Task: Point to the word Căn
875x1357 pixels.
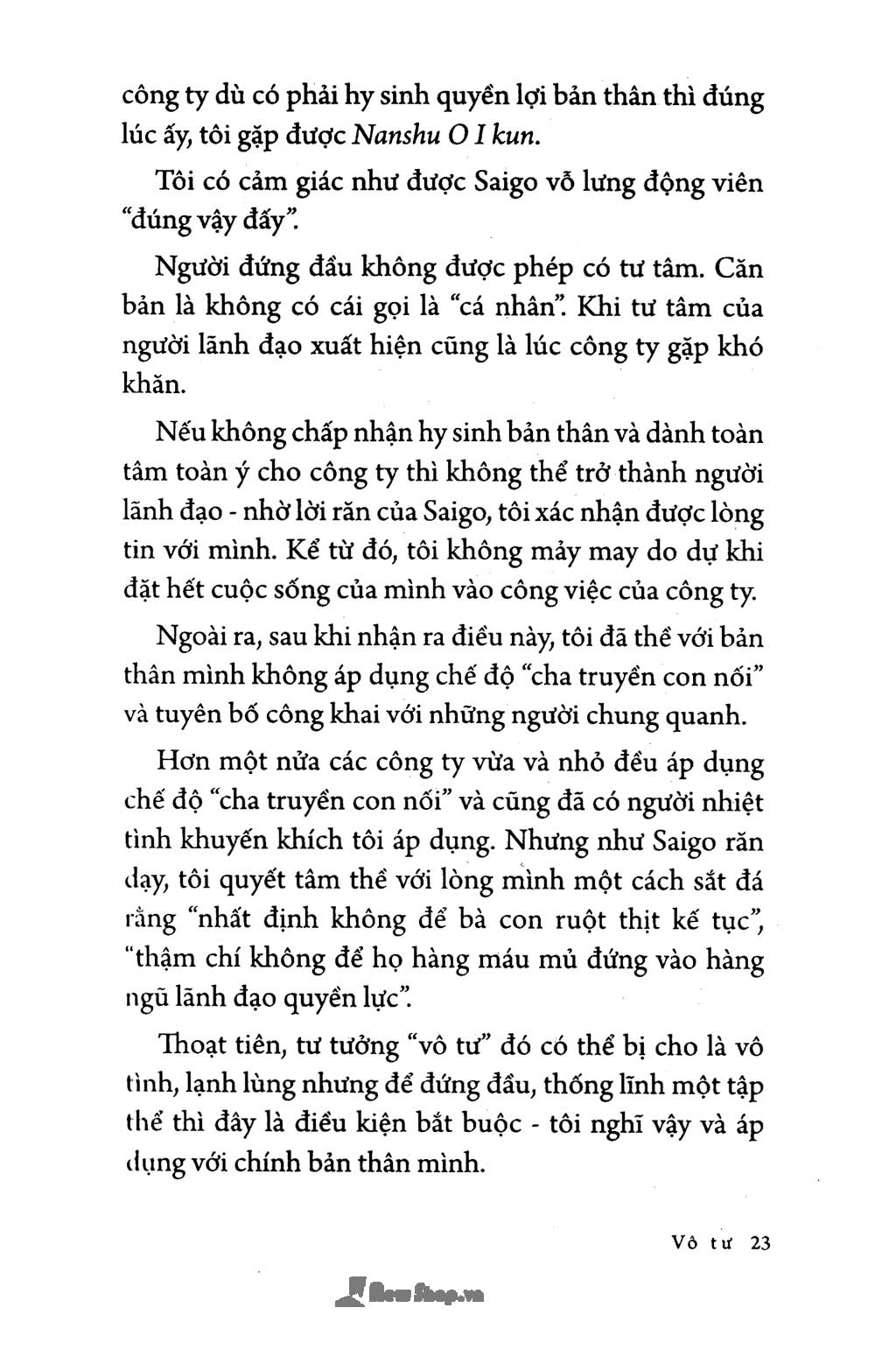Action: tap(739, 267)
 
